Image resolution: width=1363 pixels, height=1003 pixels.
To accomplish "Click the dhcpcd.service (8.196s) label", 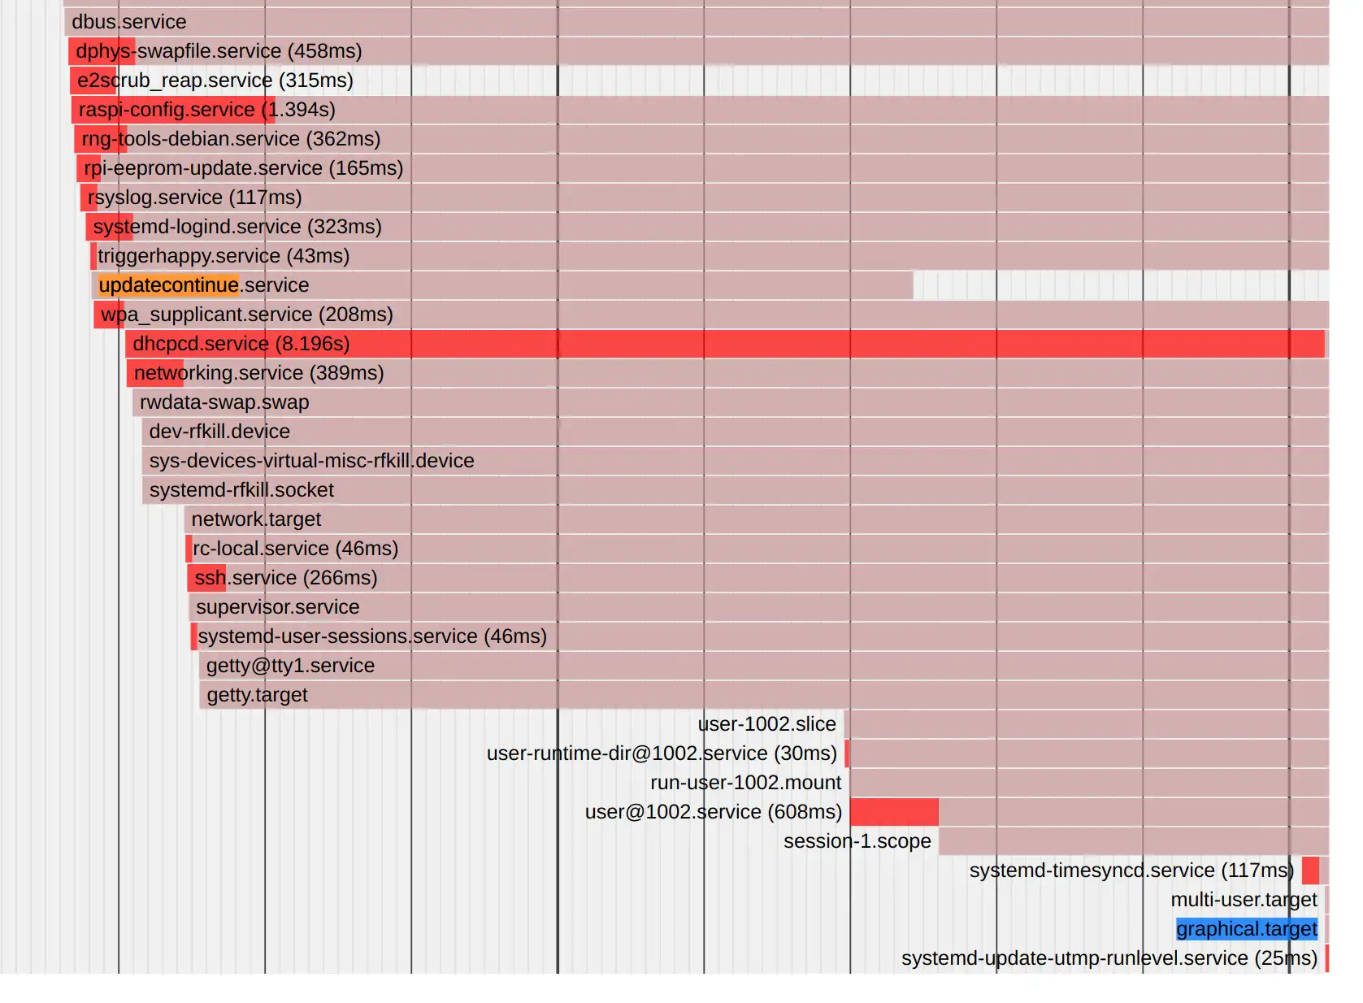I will coord(241,344).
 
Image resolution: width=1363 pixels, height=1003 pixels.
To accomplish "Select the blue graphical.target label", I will coord(1246,929).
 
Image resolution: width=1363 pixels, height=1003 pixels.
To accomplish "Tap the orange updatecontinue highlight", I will coord(168,285).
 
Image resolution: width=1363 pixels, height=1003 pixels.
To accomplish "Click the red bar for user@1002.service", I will coord(894,812).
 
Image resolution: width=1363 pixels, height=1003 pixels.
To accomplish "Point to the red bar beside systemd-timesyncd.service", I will coord(1310,871).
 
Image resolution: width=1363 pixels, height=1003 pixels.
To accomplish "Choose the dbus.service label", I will coord(128,22).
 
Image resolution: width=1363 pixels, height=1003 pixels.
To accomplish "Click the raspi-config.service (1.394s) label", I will coord(206,110).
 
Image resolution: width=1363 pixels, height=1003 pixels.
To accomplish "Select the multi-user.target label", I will coord(1243,900).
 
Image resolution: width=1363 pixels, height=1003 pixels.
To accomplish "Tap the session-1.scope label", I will coord(857,841).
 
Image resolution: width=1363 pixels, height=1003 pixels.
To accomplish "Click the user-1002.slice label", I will coord(766,724).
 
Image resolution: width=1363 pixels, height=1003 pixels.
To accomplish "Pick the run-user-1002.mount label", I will coord(745,783).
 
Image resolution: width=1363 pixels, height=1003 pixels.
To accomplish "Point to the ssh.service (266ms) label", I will coord(285,578).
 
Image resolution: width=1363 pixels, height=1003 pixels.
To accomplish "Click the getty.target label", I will coord(257,695).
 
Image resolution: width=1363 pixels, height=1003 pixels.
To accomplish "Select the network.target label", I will coord(256,519).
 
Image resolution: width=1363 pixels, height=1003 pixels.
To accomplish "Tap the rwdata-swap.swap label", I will coord(224,402).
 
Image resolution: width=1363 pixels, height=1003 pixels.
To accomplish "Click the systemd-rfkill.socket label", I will coord(241,490).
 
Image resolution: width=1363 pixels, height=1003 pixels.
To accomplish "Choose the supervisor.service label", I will coord(277,607).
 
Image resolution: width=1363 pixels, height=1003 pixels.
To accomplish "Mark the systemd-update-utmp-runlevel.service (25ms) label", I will coord(1109,958).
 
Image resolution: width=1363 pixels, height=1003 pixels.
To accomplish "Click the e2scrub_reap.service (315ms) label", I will coord(215,80).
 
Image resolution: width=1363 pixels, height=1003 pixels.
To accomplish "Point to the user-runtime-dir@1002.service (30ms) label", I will coord(662,753).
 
